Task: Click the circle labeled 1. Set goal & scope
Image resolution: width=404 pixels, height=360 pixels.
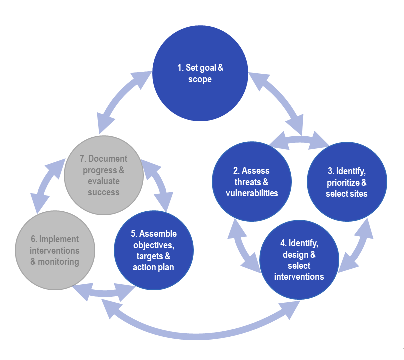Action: (200, 74)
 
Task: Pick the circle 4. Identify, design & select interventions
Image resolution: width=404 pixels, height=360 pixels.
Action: (299, 260)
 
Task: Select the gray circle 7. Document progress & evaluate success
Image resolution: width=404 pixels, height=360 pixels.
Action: (104, 175)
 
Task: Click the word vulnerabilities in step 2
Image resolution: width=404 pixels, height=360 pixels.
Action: (252, 193)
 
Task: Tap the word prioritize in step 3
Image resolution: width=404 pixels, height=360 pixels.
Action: (343, 182)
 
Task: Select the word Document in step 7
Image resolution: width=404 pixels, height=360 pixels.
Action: (108, 159)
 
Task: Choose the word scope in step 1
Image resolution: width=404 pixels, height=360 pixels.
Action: (200, 79)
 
